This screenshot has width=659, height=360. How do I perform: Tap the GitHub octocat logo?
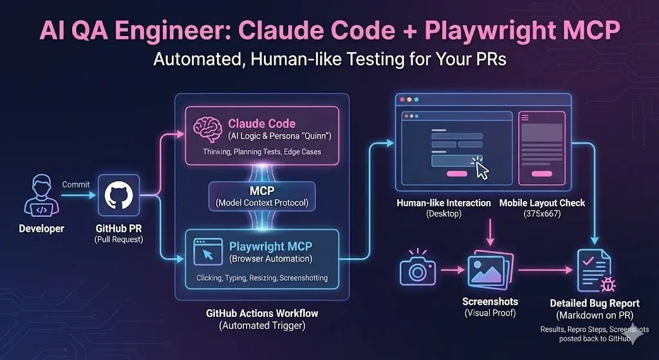pos(118,194)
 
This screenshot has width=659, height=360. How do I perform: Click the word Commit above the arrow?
pos(75,184)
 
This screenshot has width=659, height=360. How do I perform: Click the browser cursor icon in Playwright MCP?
pos(208,252)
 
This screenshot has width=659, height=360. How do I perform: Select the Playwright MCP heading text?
pos(270,246)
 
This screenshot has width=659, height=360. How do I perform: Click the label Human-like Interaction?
pos(443,203)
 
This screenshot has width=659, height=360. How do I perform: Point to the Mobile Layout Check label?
pos(542,203)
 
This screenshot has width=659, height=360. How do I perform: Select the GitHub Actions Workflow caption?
pos(262,314)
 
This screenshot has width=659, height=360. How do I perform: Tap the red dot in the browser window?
pos(402,100)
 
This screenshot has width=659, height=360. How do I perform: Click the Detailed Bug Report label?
pos(595,303)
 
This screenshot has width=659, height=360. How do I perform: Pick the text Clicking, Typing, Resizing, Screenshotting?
pos(262,278)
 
